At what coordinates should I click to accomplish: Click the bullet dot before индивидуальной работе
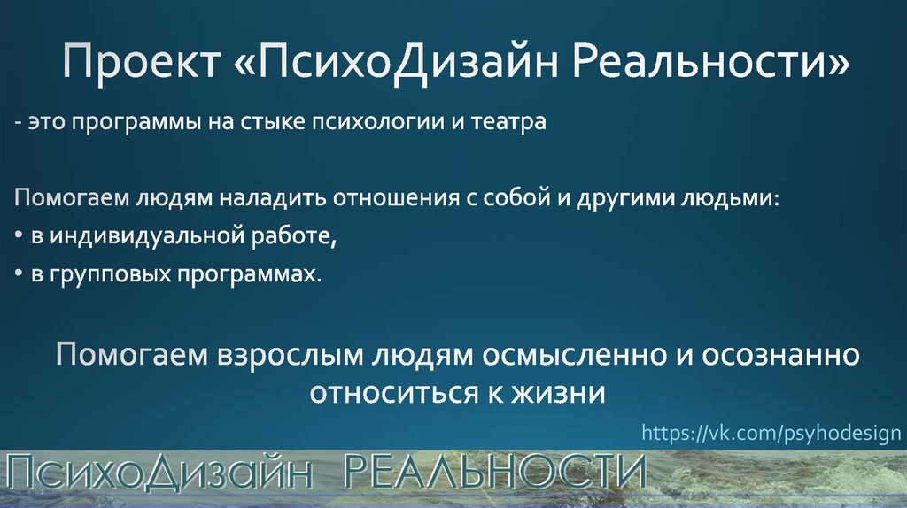19,238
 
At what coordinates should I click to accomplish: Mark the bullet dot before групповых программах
19,276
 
